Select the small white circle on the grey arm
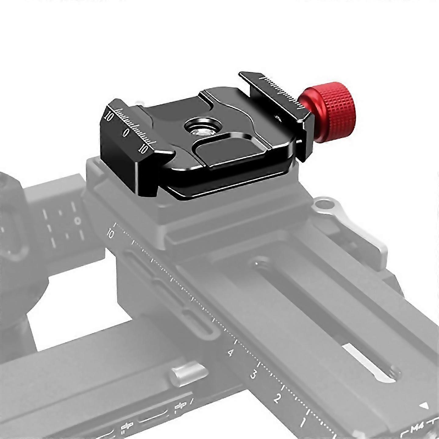pos(78,220)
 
